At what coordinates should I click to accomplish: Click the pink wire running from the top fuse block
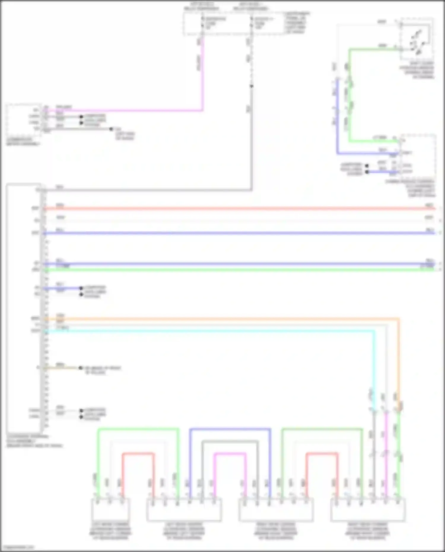tap(203, 77)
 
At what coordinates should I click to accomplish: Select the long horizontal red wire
tap(237, 209)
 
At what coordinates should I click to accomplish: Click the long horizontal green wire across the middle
tap(237, 270)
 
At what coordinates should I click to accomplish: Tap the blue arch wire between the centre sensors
tap(230, 429)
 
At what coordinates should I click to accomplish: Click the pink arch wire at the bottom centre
tap(230, 454)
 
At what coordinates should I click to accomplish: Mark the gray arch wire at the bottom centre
tap(230, 441)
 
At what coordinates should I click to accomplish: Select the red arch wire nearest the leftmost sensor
tap(138, 454)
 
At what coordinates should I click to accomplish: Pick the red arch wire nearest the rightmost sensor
tap(322, 454)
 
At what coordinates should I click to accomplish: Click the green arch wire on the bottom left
tap(138, 429)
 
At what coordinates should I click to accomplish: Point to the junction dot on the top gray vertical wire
tap(251, 86)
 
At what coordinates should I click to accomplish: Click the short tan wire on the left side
tap(62, 368)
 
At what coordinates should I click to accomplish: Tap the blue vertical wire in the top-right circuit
tap(337, 119)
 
